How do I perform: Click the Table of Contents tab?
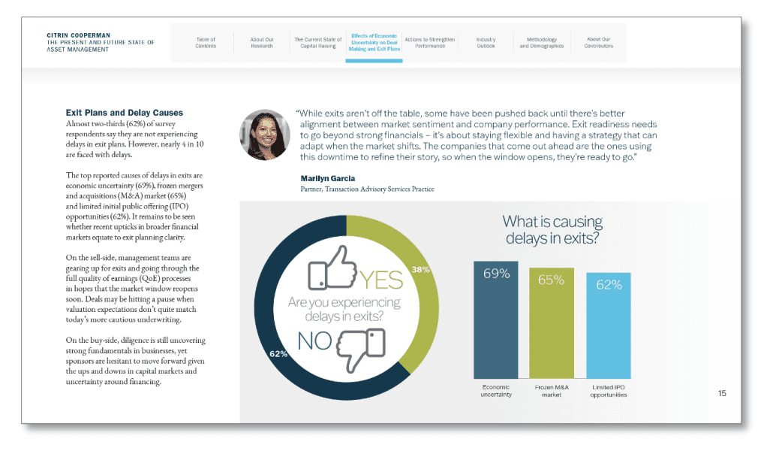(206, 43)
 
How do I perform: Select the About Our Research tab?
(262, 43)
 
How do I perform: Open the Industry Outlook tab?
(486, 43)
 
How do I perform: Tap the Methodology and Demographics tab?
(541, 43)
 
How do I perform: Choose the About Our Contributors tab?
(598, 43)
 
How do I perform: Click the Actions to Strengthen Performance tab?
(429, 43)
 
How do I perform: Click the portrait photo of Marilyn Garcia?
(264, 135)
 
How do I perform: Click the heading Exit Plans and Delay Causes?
(124, 113)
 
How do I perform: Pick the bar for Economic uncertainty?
(496, 319)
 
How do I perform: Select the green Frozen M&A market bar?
(552, 323)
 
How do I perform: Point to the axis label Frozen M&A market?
(552, 391)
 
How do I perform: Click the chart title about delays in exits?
(552, 230)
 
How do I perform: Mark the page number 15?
(722, 393)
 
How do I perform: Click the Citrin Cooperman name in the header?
(79, 35)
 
